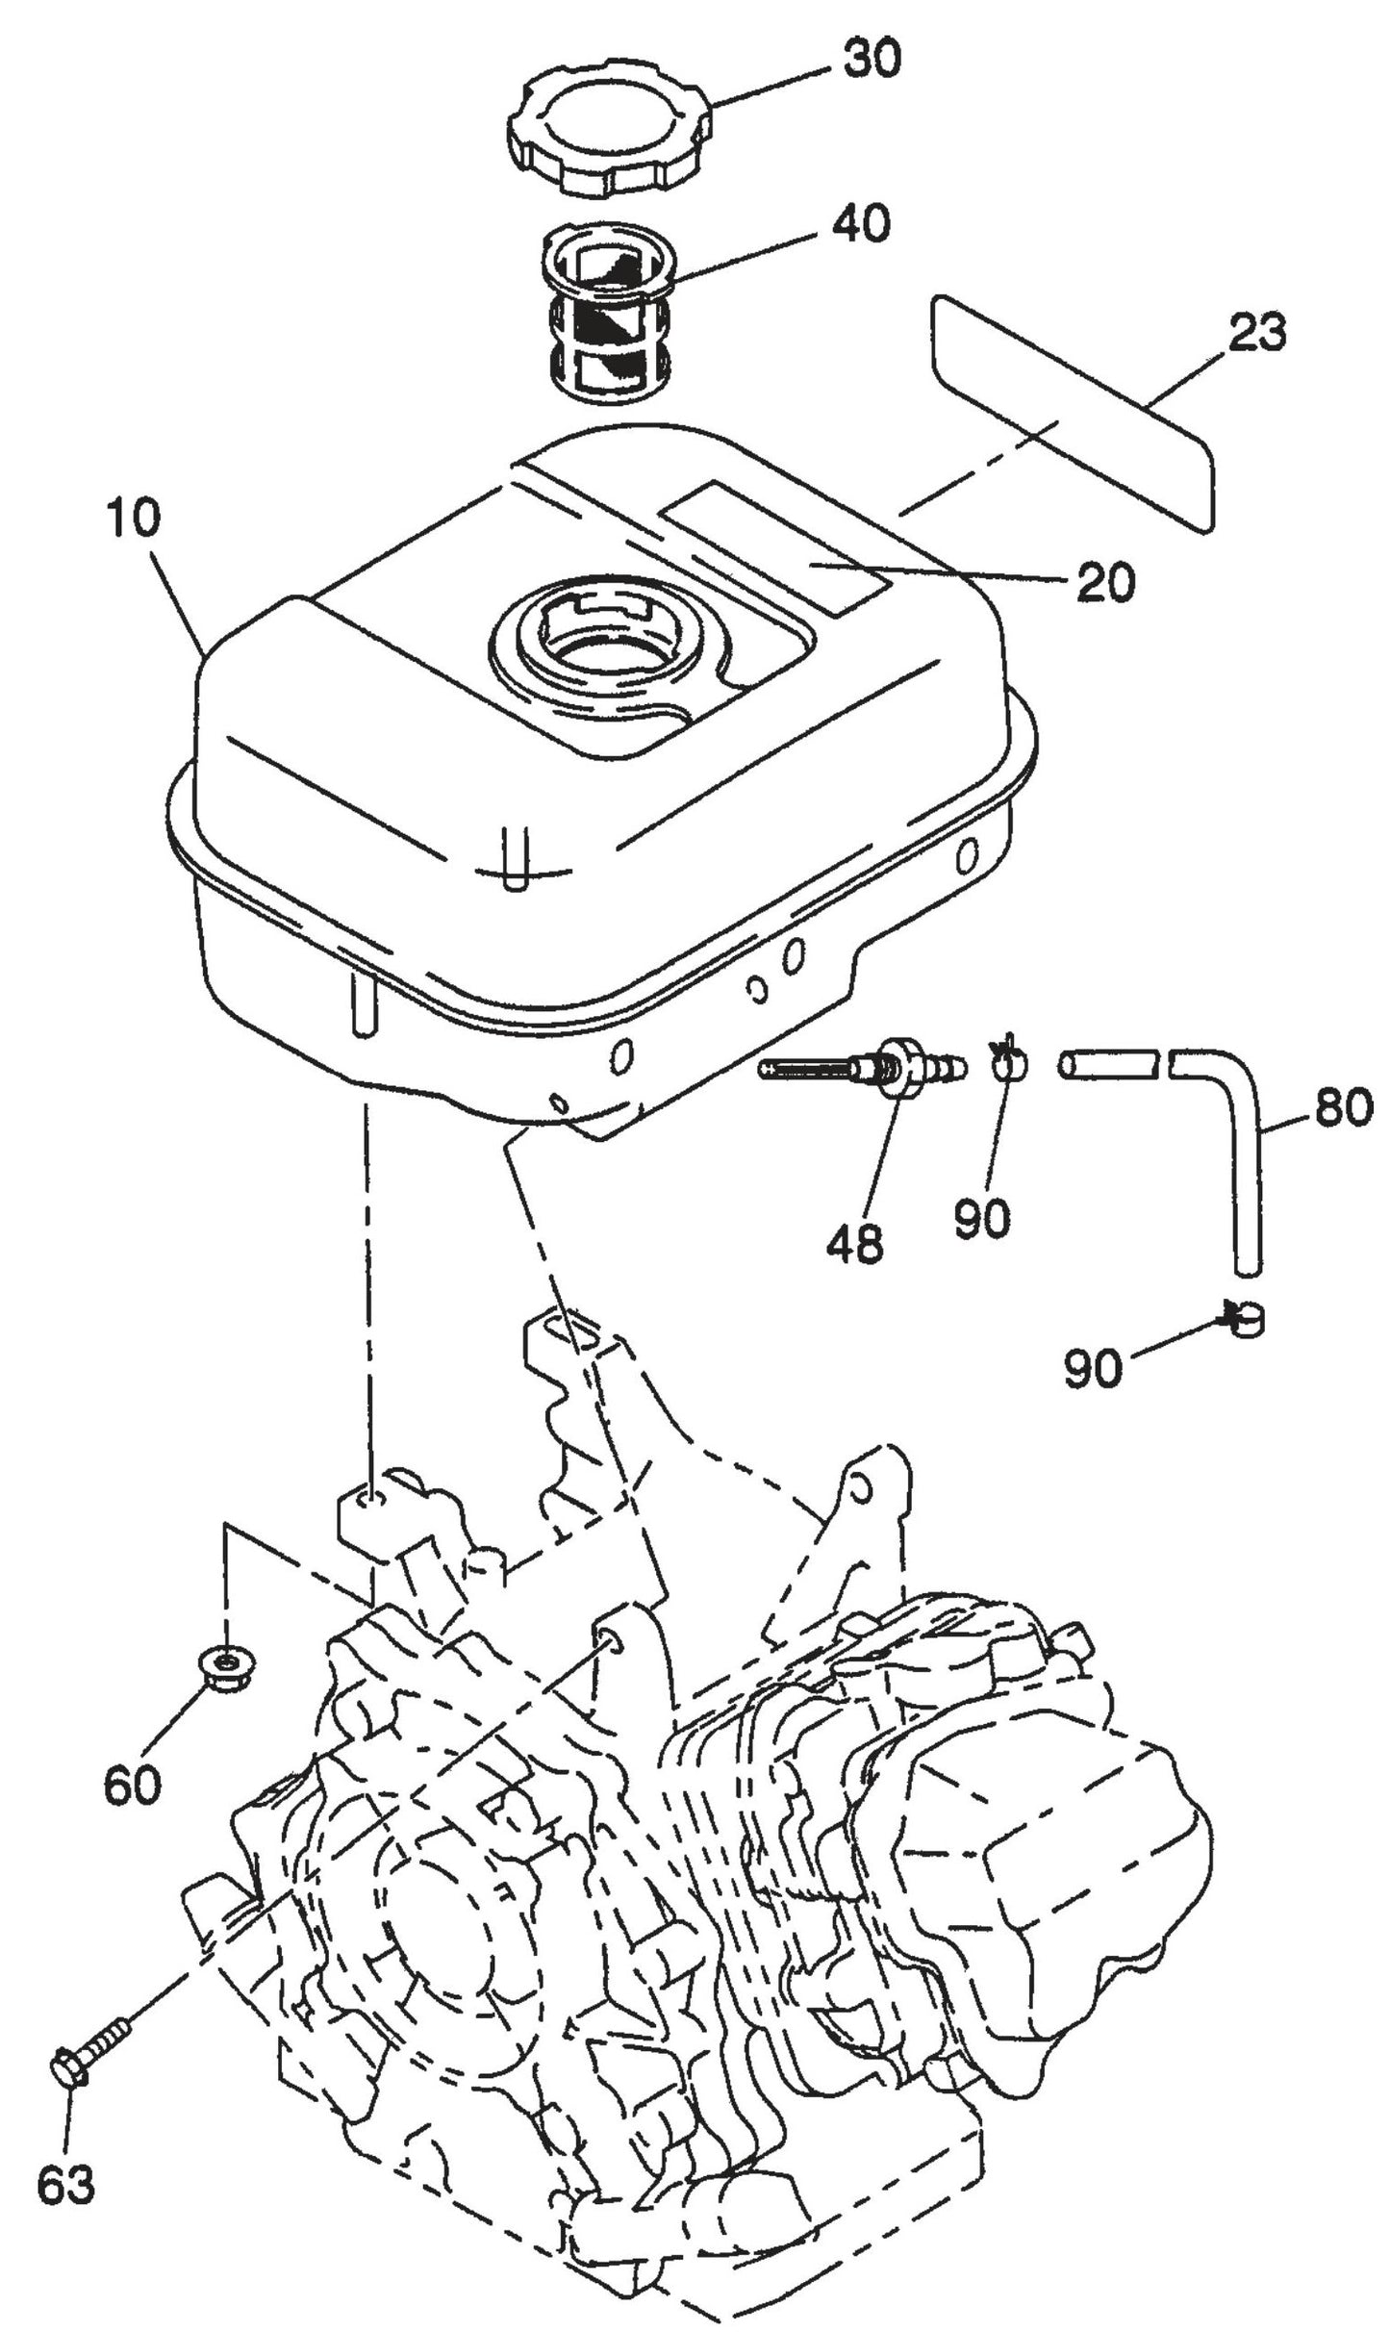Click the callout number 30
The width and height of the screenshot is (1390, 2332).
(x=872, y=60)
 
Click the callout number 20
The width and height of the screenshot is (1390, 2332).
(x=1106, y=582)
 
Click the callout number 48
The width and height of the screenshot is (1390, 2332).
(x=854, y=1245)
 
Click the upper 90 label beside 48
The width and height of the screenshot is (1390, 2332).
(x=982, y=1218)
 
